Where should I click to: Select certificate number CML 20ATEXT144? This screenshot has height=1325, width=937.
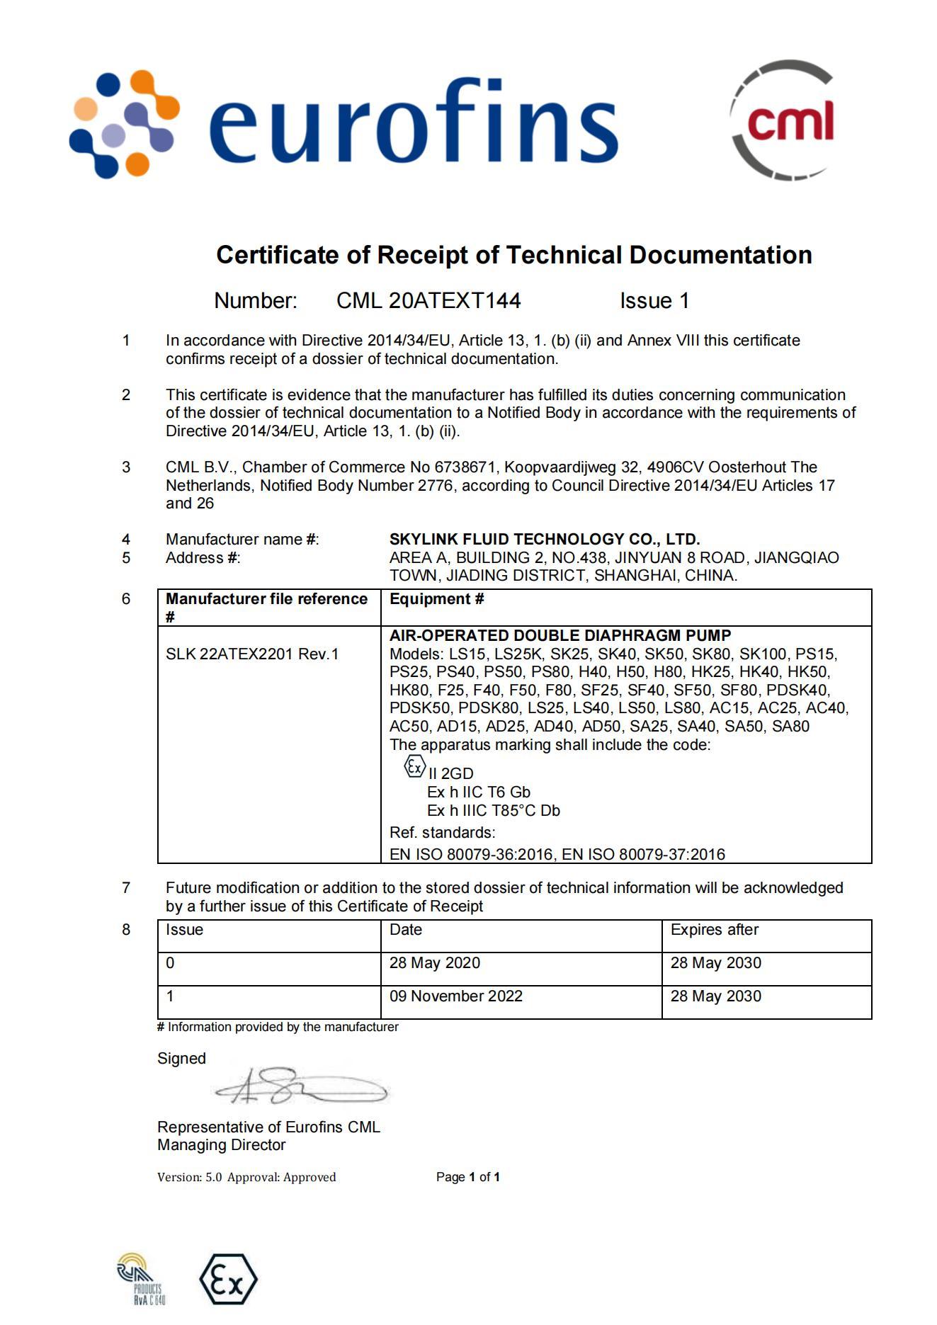pos(428,301)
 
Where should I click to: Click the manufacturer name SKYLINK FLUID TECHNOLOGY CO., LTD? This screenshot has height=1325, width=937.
pos(544,540)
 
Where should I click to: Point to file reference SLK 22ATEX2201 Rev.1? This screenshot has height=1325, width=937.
pos(252,654)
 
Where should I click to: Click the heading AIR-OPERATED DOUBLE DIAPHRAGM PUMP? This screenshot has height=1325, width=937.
pos(560,635)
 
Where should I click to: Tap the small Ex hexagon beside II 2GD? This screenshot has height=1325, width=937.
pos(414,766)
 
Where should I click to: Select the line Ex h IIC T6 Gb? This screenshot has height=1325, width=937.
pos(478,792)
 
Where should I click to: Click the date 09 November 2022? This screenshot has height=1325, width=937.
pos(455,996)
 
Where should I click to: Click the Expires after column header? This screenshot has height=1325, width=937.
pos(714,930)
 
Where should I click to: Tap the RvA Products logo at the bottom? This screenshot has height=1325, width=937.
pos(142,1278)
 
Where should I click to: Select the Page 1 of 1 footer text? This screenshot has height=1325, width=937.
pos(467,1177)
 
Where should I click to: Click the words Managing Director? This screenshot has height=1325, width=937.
pos(221,1145)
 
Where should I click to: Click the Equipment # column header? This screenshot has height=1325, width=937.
pos(436,599)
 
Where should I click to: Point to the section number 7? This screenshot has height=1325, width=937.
pos(126,888)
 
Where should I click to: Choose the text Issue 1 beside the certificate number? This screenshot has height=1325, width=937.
pos(654,301)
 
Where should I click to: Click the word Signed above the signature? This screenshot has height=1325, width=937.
pos(181,1059)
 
